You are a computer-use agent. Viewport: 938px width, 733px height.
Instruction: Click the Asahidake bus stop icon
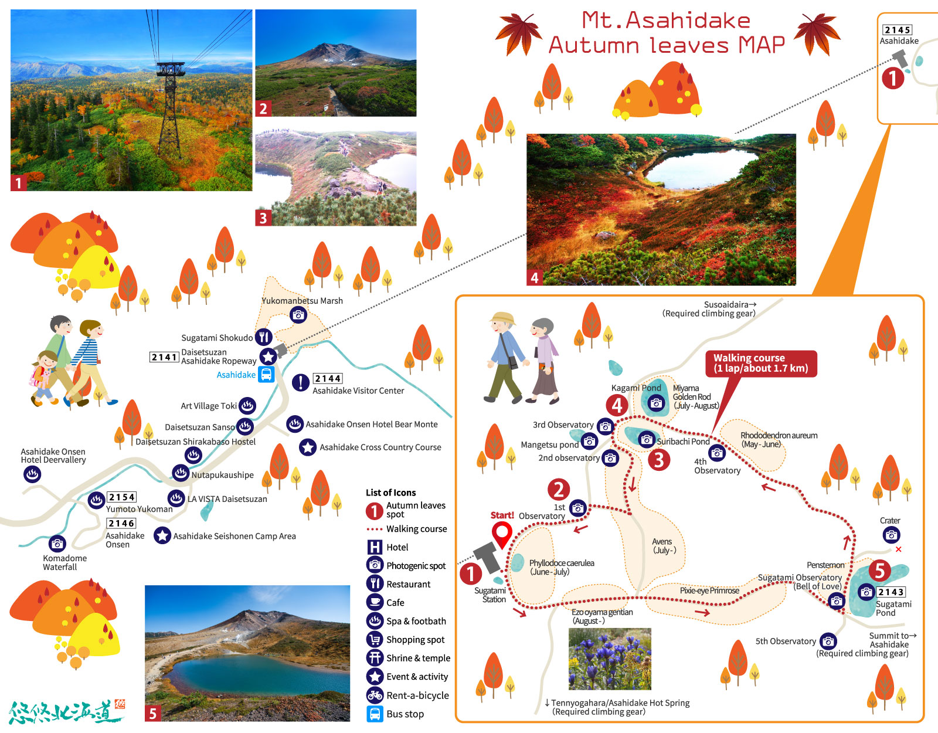click(x=267, y=375)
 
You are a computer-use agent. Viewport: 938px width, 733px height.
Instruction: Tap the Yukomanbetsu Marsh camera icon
click(x=298, y=315)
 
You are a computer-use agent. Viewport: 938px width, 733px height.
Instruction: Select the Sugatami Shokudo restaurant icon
click(x=264, y=337)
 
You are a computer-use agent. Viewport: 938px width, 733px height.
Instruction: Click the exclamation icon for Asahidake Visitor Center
click(x=301, y=382)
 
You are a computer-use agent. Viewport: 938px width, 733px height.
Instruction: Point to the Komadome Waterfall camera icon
click(x=57, y=544)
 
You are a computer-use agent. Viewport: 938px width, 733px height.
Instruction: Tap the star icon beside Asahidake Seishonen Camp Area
click(x=162, y=535)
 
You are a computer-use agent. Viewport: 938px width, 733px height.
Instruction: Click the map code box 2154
click(x=122, y=497)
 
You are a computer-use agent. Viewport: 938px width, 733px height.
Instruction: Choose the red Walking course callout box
click(x=761, y=363)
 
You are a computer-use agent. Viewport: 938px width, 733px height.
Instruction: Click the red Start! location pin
click(x=501, y=534)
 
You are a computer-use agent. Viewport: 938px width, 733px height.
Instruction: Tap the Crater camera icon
click(x=891, y=534)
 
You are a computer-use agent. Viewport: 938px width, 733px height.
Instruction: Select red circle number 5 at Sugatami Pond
click(x=879, y=570)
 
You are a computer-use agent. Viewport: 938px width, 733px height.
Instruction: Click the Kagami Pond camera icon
click(x=656, y=403)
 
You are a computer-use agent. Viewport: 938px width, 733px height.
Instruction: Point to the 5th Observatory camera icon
click(x=828, y=641)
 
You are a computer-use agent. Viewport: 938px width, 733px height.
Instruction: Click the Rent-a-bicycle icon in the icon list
click(x=375, y=695)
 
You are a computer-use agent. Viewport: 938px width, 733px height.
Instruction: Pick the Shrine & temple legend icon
click(x=375, y=658)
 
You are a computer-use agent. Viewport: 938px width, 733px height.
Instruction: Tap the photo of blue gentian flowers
click(x=610, y=659)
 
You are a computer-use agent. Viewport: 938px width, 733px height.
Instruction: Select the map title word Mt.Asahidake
click(x=666, y=21)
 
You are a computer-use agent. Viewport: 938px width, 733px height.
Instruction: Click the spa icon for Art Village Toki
click(x=247, y=405)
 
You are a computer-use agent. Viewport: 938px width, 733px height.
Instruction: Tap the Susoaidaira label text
click(x=727, y=304)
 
